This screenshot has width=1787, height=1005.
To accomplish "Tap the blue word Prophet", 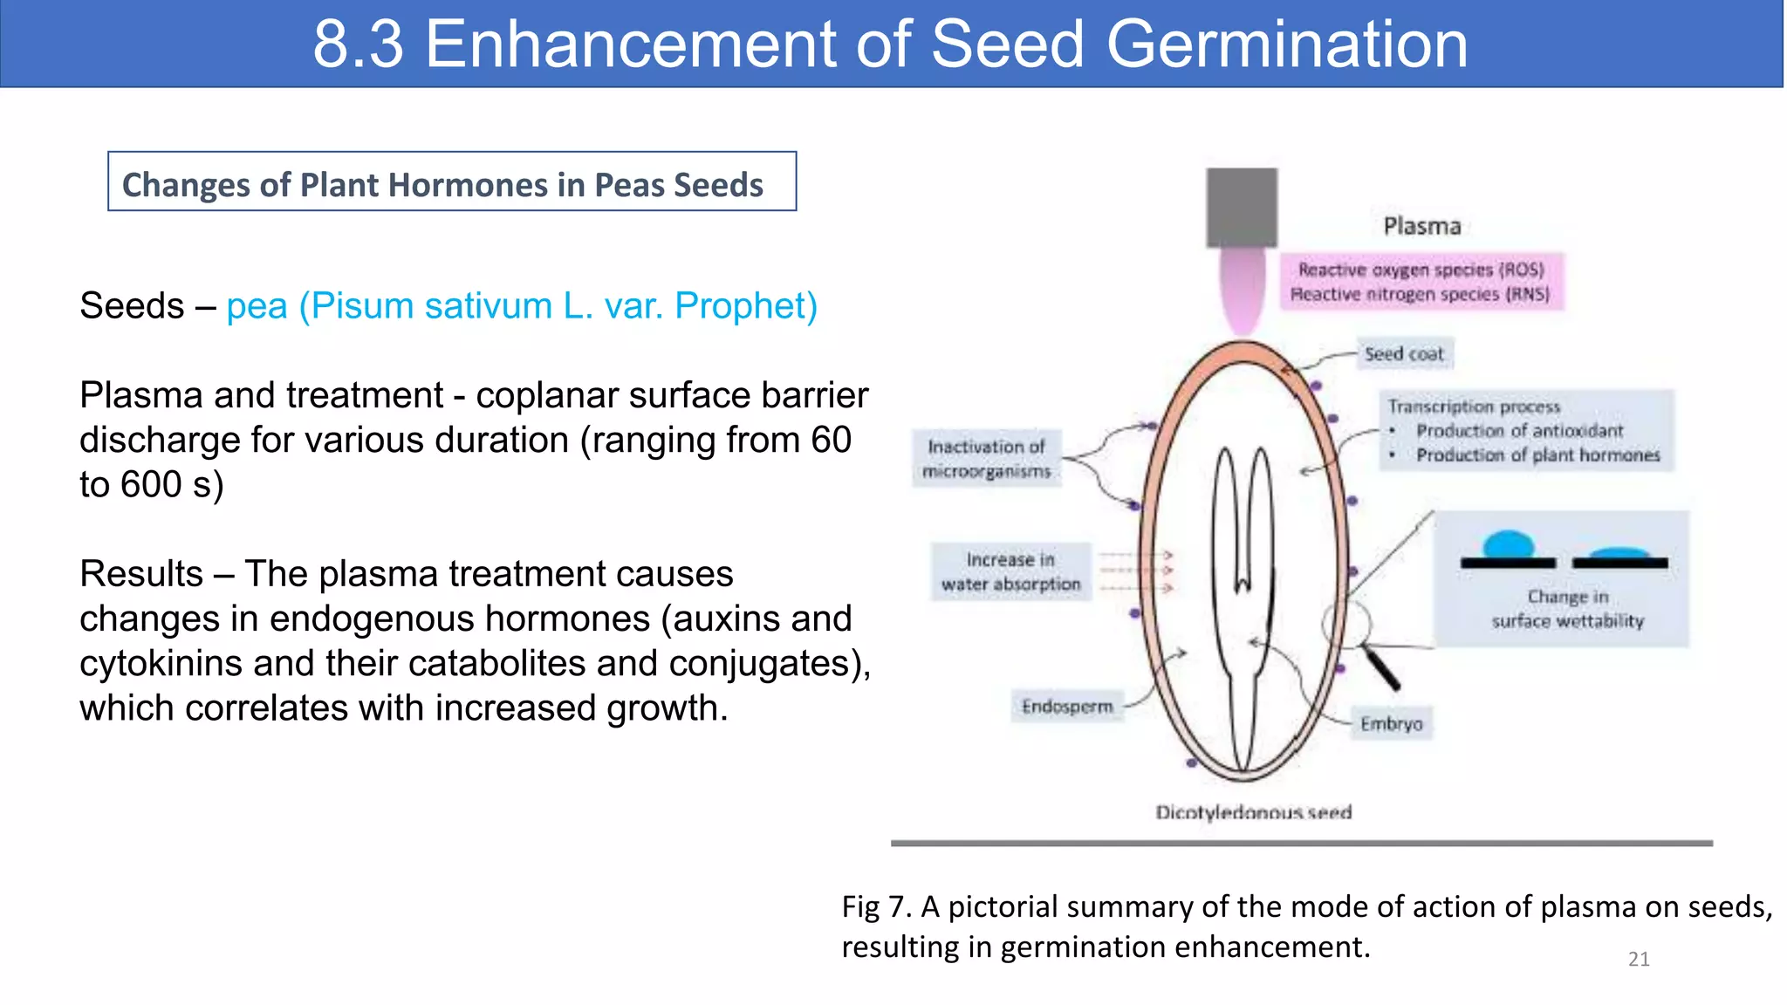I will (745, 306).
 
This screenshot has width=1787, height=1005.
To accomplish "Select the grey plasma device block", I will (1241, 208).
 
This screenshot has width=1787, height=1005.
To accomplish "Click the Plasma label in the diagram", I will (1421, 227).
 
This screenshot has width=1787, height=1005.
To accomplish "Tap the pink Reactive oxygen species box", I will (1421, 282).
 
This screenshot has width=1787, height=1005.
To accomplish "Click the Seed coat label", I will (1404, 354).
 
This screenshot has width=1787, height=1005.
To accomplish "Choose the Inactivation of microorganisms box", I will (987, 459).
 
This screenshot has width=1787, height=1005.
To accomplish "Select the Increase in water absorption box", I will (1010, 572).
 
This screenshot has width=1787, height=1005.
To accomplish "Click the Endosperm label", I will (1067, 707).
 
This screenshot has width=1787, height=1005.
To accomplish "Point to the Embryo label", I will (1391, 724).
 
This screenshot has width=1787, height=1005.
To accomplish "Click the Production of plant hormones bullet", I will (1537, 455).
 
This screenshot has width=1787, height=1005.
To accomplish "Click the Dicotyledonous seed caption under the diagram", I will (1253, 813).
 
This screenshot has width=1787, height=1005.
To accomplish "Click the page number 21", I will (1638, 960).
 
